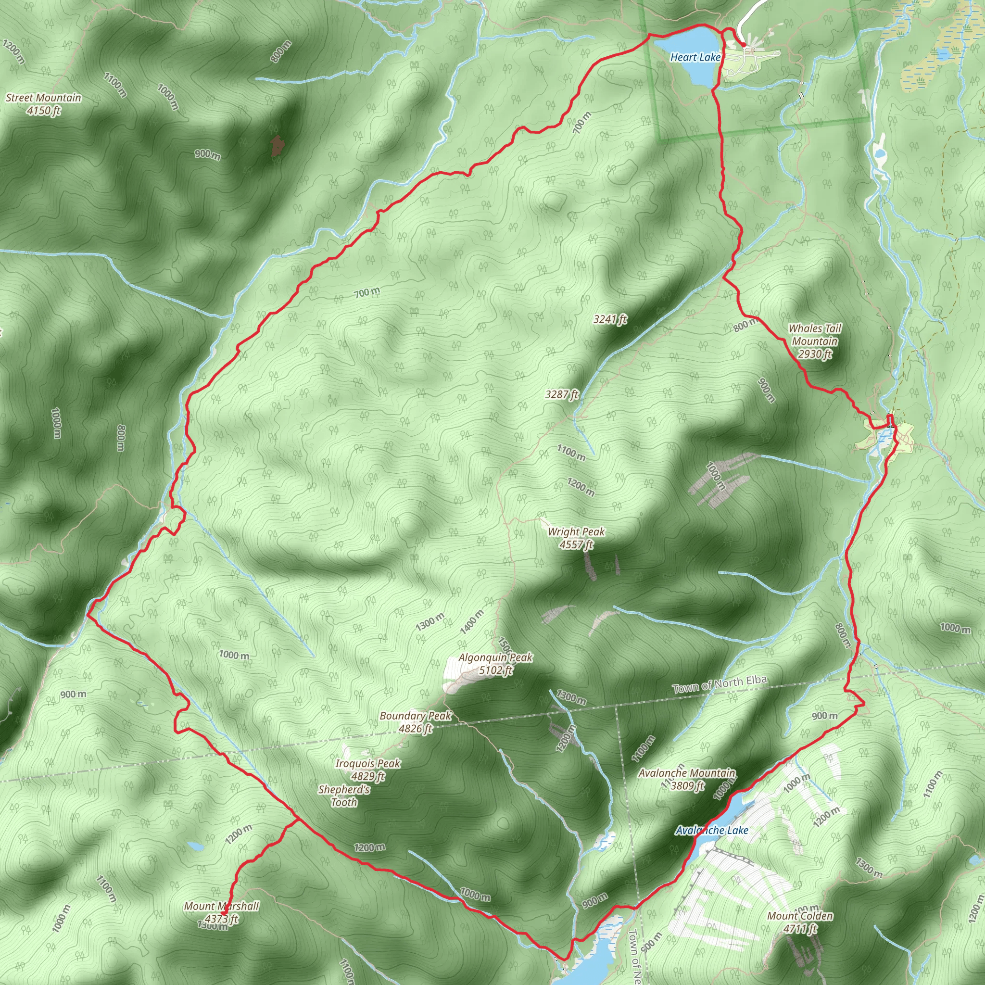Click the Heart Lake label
(x=695, y=58)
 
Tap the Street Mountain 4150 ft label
(x=44, y=104)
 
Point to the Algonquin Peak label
(x=495, y=664)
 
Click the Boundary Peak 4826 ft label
(x=416, y=722)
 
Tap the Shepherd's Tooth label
(x=344, y=796)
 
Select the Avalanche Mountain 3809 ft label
(x=687, y=779)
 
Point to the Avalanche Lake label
(x=712, y=831)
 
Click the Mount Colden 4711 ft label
(x=800, y=922)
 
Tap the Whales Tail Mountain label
(x=815, y=341)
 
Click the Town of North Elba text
(x=720, y=685)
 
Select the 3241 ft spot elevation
(x=610, y=320)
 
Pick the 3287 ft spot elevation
(x=562, y=394)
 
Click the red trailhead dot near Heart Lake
(x=744, y=45)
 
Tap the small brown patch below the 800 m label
(x=277, y=146)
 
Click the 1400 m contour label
(x=472, y=622)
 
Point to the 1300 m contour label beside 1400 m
(x=430, y=622)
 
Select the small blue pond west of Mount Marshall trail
(x=195, y=847)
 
